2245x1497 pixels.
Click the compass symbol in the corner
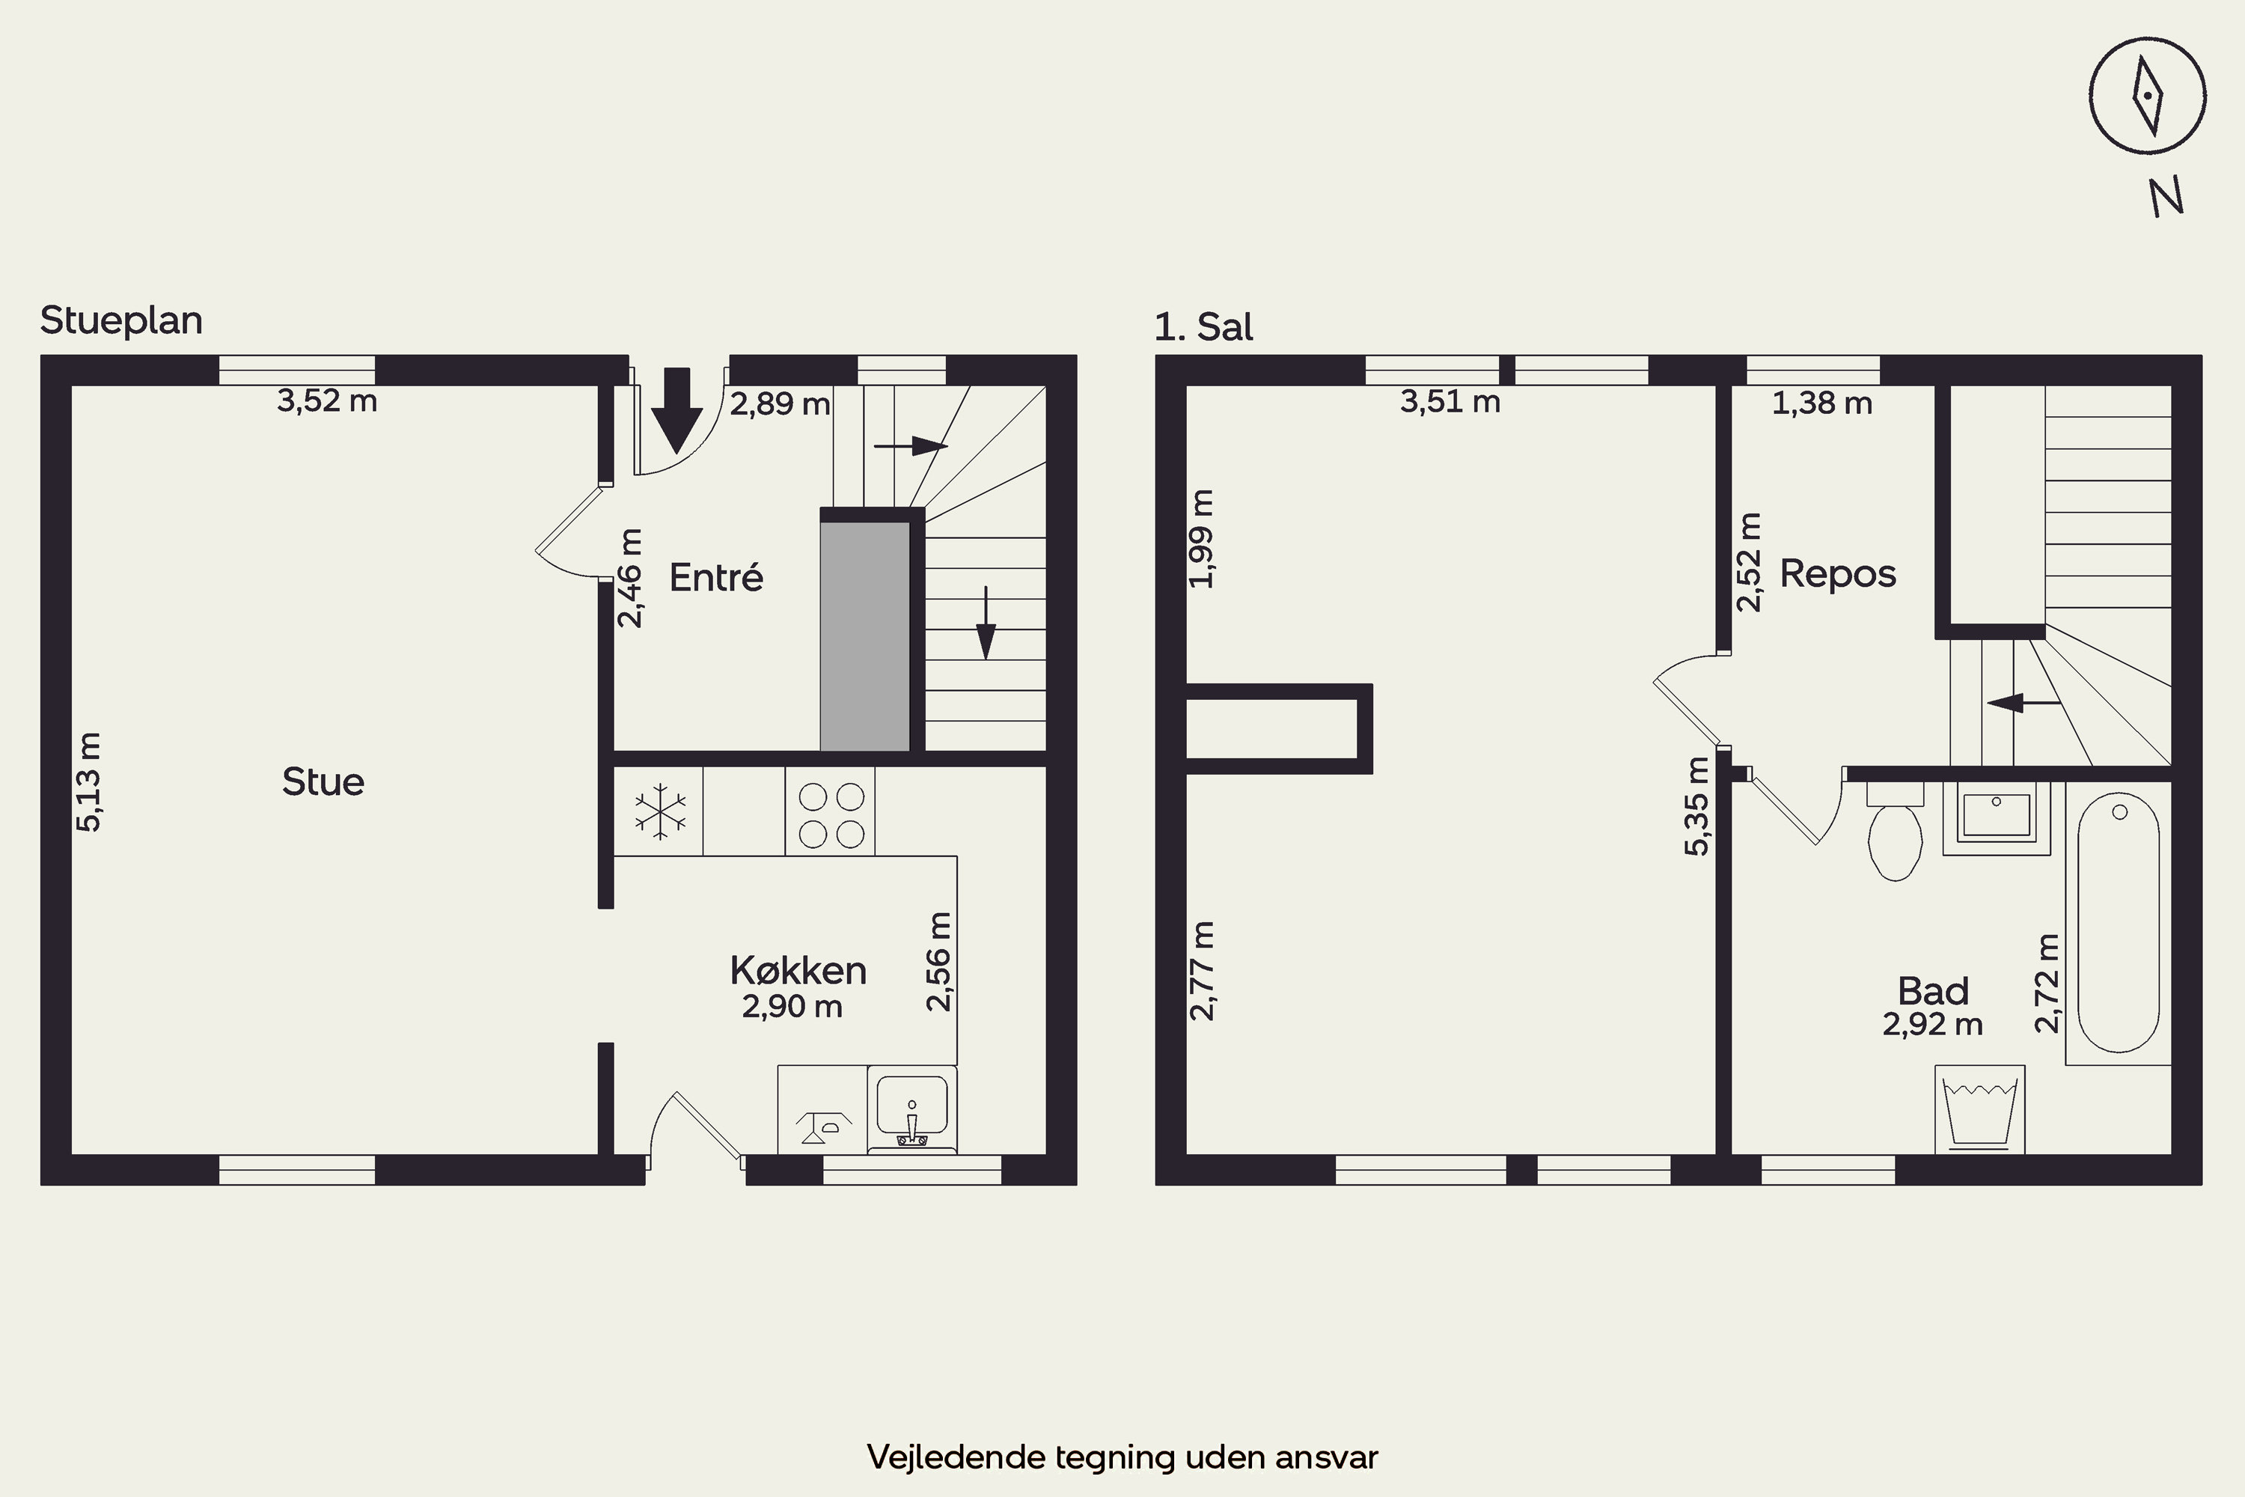tap(2147, 97)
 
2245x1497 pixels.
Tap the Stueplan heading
tap(121, 321)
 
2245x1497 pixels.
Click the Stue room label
tap(323, 782)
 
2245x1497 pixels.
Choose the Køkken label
tap(798, 970)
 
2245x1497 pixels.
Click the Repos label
tap(1837, 575)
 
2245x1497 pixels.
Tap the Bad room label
tap(1933, 991)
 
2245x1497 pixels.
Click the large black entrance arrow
tap(676, 410)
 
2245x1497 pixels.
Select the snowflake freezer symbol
tap(659, 812)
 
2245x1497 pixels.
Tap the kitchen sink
tap(911, 1110)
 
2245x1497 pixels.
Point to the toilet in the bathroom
tap(1895, 832)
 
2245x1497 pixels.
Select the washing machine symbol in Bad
tap(1979, 1110)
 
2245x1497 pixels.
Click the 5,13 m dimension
tap(89, 782)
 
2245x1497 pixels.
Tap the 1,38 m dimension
tap(1822, 403)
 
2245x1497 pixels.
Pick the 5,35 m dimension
tap(1697, 806)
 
